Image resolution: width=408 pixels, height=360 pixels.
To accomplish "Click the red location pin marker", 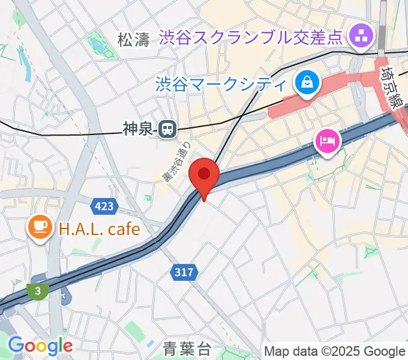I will pyautogui.click(x=204, y=176).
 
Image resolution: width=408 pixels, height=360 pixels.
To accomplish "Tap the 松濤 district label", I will pyautogui.click(x=133, y=40).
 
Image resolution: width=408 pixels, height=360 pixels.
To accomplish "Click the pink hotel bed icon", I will pyautogui.click(x=328, y=142).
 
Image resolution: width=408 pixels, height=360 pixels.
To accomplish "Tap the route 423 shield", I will pyautogui.click(x=103, y=207).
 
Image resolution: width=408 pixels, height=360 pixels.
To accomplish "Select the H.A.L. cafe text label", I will pyautogui.click(x=99, y=229).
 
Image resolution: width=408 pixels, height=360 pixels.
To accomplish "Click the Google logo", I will pyautogui.click(x=40, y=345).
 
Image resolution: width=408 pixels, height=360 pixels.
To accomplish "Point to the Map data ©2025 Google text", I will pyautogui.click(x=334, y=351).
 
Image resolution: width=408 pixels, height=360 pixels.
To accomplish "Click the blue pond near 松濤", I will pyautogui.click(x=95, y=44).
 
